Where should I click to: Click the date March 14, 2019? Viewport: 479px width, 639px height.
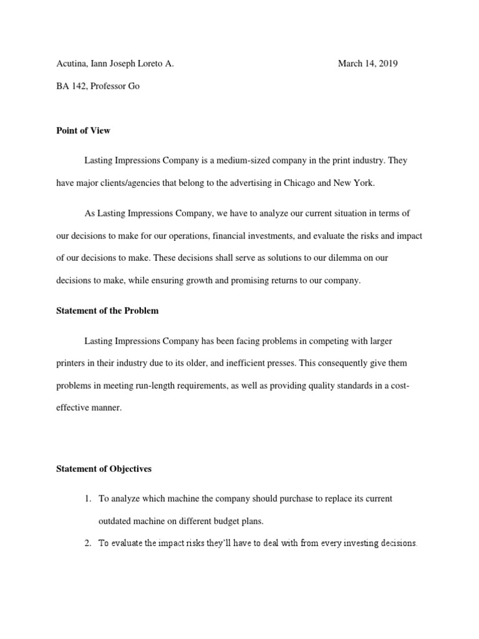367,63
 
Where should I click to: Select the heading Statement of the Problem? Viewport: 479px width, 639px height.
107,310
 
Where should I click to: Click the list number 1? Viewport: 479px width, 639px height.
88,499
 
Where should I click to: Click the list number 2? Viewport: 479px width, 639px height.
88,544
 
